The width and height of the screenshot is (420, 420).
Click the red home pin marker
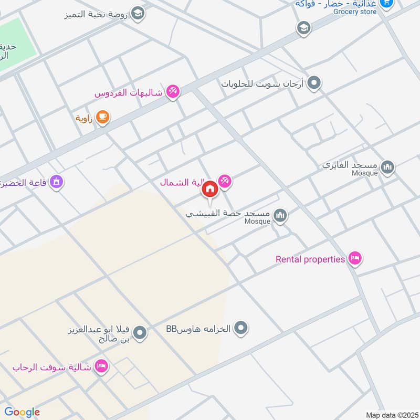pyautogui.click(x=209, y=189)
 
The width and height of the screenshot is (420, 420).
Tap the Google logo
pyautogui.click(x=22, y=412)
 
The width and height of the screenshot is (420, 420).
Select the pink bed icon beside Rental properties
pyautogui.click(x=355, y=258)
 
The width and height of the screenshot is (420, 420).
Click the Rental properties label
pyautogui.click(x=310, y=259)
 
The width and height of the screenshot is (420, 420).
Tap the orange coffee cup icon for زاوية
pyautogui.click(x=102, y=118)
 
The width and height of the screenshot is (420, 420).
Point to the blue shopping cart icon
pyautogui.click(x=386, y=3)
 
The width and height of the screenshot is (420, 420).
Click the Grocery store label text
pyautogui.click(x=355, y=12)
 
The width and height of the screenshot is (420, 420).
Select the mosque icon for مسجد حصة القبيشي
pyautogui.click(x=281, y=215)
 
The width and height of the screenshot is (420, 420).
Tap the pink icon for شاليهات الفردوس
pyautogui.click(x=173, y=92)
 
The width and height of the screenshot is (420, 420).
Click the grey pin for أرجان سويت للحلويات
pyautogui.click(x=314, y=82)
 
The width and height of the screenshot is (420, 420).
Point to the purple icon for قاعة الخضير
pyautogui.click(x=57, y=182)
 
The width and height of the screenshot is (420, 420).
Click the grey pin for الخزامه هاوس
pyautogui.click(x=241, y=329)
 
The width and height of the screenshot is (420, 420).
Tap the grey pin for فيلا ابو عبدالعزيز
pyautogui.click(x=140, y=333)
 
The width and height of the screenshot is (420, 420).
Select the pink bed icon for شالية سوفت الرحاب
pyautogui.click(x=101, y=366)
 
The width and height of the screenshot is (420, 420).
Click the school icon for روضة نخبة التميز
pyautogui.click(x=138, y=13)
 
